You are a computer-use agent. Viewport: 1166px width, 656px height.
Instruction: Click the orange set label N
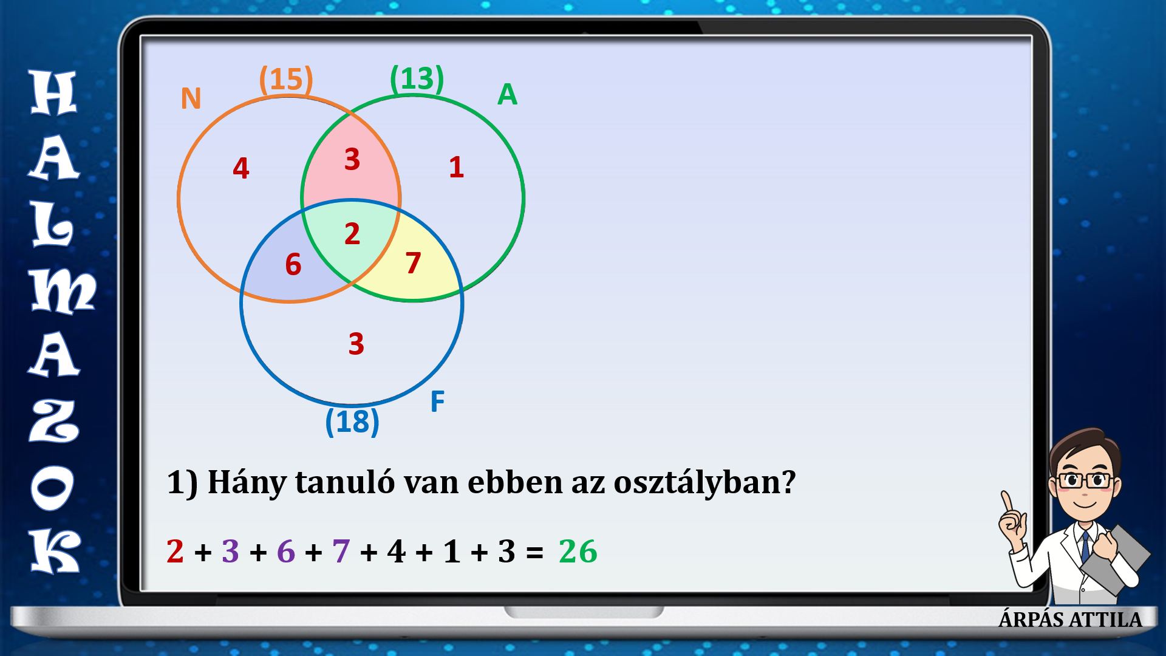click(191, 98)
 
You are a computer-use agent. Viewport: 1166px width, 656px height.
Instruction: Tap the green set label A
click(507, 94)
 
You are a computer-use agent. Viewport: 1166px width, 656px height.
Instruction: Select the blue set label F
click(437, 401)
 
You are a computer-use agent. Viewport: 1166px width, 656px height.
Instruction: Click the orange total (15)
click(286, 80)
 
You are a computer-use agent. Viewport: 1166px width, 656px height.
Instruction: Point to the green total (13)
click(417, 78)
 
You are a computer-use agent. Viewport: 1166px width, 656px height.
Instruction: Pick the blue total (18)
click(352, 422)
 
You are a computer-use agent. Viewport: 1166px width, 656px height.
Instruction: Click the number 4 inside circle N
click(241, 168)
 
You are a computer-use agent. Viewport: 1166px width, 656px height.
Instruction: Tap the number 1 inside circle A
click(457, 167)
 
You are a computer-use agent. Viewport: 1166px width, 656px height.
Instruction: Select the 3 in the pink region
click(352, 159)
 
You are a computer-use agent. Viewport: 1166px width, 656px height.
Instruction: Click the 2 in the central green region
click(352, 234)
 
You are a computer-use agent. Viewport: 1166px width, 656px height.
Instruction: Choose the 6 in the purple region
click(293, 265)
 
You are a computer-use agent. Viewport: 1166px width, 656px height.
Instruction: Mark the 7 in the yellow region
click(414, 262)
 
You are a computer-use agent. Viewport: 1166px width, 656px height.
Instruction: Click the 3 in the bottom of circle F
click(356, 344)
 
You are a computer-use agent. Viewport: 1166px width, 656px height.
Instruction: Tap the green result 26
click(578, 552)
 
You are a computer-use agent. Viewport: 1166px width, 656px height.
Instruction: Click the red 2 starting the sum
click(175, 552)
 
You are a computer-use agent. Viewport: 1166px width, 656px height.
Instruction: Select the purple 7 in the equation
click(341, 552)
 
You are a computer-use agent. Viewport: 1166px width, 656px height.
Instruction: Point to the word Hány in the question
click(247, 483)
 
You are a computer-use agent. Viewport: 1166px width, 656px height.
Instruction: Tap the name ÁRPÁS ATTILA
click(1071, 620)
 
